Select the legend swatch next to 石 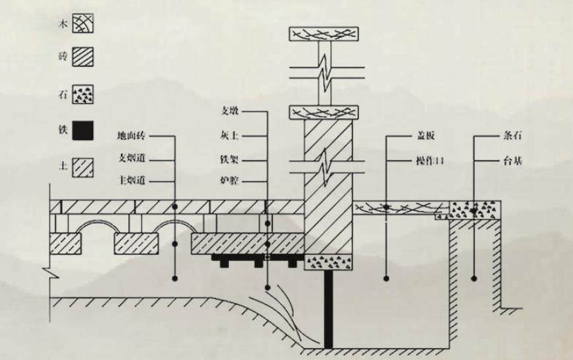coord(83,94)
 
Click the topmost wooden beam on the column coord(323,33)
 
